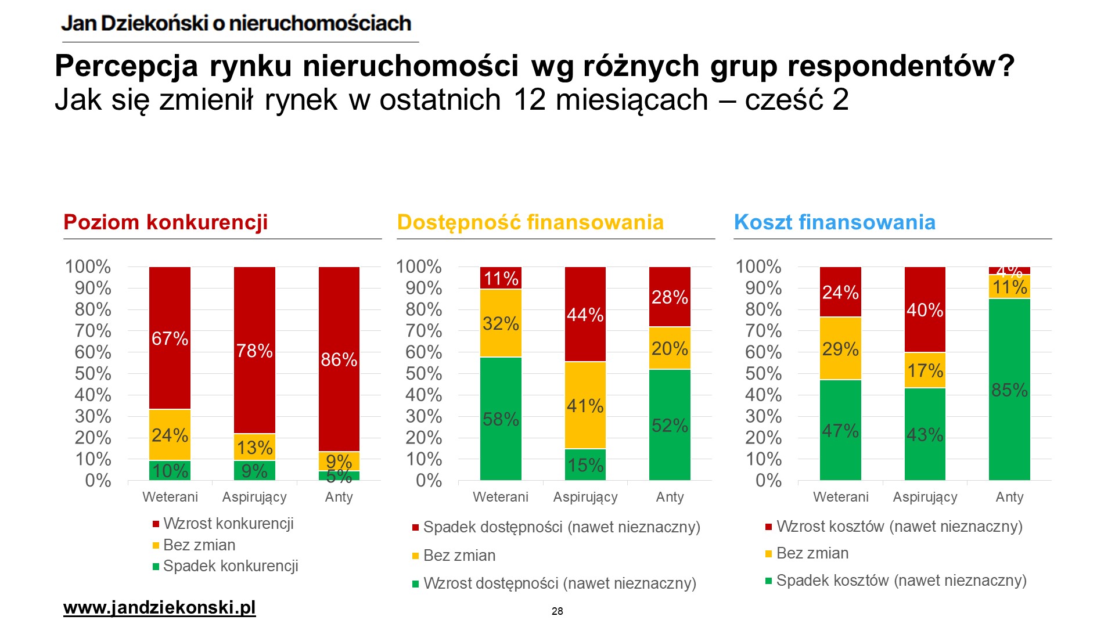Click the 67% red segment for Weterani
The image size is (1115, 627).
[x=170, y=338]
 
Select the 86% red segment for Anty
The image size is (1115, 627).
[x=339, y=359]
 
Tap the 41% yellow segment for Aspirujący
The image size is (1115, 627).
[x=585, y=405]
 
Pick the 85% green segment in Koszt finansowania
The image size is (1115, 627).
[x=1009, y=389]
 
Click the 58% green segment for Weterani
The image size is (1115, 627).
[x=501, y=419]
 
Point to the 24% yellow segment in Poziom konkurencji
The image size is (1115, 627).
[x=170, y=435]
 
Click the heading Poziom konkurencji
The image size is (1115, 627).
[x=166, y=222]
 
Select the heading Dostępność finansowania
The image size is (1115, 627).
[x=530, y=222]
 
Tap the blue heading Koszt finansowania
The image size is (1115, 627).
[x=835, y=222]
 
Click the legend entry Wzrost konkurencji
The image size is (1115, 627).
[x=228, y=524]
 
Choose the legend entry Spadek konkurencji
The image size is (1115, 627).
[x=231, y=566]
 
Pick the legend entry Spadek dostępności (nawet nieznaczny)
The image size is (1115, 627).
[x=561, y=527]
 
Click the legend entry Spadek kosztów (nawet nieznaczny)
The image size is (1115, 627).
[x=901, y=581]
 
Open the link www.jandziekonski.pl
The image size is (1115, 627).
[x=159, y=608]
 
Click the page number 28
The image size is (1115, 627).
[x=557, y=611]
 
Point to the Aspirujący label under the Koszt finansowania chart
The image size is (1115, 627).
[x=925, y=497]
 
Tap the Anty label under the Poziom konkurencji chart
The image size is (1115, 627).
[x=339, y=497]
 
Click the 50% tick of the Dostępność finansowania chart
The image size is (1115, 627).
[x=423, y=374]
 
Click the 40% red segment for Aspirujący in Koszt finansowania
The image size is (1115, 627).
[x=925, y=309]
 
